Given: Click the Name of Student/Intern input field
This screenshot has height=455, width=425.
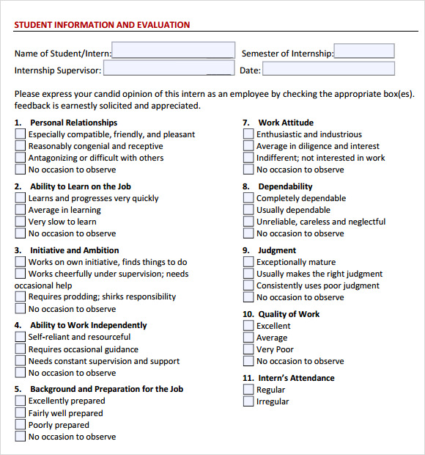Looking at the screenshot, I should point(173,51).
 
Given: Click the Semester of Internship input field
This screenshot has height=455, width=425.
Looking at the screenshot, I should point(364,51).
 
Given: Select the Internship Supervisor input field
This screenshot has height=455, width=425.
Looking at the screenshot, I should point(169,69).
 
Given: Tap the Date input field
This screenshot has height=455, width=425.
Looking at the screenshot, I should point(328,69).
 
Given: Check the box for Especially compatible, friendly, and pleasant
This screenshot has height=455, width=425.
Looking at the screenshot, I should point(21,134).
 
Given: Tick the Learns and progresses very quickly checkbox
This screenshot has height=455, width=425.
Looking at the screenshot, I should point(21,198).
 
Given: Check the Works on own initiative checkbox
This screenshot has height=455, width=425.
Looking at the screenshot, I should point(21,262).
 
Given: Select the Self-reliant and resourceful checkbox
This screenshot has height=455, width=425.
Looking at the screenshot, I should point(21,337).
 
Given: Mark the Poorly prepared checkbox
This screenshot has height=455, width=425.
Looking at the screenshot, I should point(21,425).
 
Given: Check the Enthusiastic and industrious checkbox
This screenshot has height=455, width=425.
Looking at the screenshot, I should point(248,134).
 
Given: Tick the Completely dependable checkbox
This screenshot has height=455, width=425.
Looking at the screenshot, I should point(248,198).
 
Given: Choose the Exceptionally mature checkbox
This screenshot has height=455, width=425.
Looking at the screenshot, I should point(248,262).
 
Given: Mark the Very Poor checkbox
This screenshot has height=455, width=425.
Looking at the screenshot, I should point(248,349).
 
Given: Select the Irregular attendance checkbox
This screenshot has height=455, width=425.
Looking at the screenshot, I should point(248,401).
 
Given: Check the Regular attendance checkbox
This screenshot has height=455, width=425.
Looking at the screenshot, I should point(248,390).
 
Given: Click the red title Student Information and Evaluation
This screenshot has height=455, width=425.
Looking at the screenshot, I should point(102,25).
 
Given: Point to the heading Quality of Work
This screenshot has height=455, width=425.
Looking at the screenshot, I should point(289,314).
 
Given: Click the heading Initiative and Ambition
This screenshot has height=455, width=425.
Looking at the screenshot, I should point(74,250).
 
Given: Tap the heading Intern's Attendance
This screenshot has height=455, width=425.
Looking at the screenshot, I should point(296,378).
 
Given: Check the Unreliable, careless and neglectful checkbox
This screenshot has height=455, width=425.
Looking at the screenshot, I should point(248,222).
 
